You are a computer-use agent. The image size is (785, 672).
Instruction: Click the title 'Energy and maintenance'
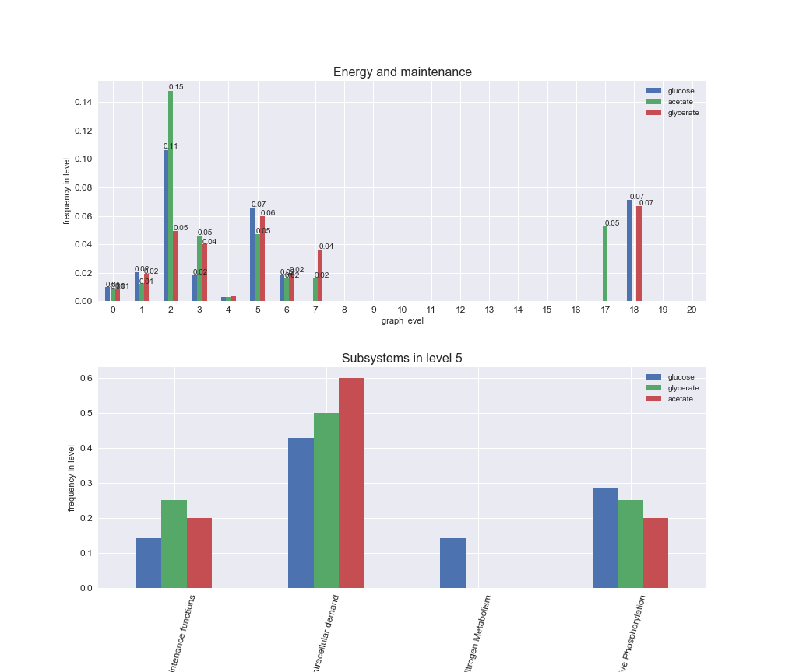tap(402, 72)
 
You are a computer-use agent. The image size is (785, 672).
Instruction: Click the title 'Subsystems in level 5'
tap(402, 359)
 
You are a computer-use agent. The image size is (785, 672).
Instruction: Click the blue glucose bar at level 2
tap(166, 226)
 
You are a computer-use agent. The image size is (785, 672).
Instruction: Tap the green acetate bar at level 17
tap(605, 264)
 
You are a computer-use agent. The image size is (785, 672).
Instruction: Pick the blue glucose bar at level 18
tap(629, 250)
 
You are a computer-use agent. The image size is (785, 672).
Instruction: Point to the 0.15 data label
tap(177, 87)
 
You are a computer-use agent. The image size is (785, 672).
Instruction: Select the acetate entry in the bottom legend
tap(680, 399)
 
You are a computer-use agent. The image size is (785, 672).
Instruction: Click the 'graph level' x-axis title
tap(402, 320)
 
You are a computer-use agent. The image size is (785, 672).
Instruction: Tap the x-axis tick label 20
tap(692, 310)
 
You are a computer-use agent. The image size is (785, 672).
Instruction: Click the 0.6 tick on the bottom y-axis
tap(86, 378)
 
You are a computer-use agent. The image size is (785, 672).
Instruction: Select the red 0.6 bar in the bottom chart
tap(351, 482)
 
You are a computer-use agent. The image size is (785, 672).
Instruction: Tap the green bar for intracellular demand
tap(326, 500)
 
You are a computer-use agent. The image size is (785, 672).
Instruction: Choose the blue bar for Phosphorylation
tap(605, 537)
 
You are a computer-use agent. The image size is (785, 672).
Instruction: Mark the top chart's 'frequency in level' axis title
tap(68, 191)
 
